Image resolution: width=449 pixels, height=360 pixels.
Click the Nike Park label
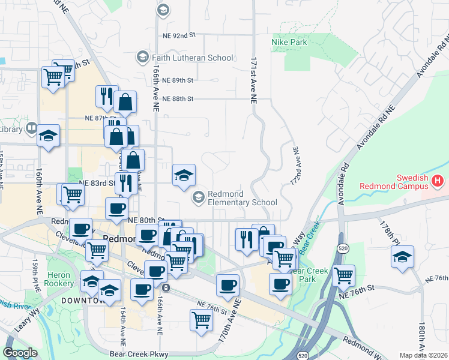(x=289, y=43)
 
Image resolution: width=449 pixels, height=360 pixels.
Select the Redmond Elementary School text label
(x=243, y=197)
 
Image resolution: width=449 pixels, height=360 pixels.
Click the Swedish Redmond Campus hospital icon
(x=438, y=179)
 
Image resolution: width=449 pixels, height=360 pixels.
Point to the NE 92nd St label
(x=179, y=35)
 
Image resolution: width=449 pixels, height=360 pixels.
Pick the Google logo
(x=20, y=353)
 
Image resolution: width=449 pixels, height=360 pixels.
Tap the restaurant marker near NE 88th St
(x=106, y=97)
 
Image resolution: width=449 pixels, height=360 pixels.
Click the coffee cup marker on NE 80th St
(x=116, y=209)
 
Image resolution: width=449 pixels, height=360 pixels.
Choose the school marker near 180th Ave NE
(x=402, y=257)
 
